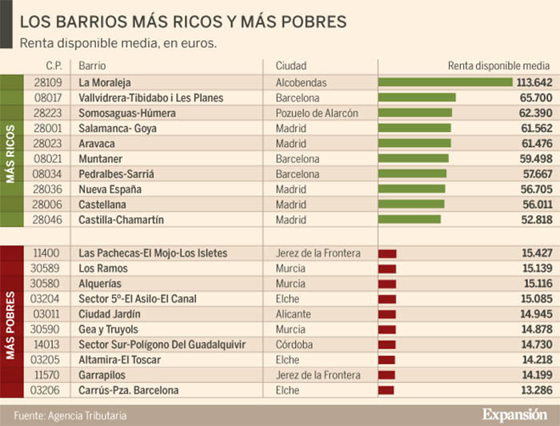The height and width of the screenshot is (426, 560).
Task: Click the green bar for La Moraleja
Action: pos(446,82)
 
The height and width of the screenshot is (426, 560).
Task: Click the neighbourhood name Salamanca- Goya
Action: pos(118,128)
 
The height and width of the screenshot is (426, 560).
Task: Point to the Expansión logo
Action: pos(514,414)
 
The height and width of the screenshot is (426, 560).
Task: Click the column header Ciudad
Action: pos(291,66)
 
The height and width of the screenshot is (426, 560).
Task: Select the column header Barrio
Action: pos(92,66)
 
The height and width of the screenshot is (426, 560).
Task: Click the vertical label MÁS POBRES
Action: pos(10,321)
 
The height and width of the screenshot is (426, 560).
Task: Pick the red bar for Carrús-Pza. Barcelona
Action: pos(387,391)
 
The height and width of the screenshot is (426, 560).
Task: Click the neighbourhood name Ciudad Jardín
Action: pos(110,314)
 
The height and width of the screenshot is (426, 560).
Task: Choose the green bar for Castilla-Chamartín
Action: pos(410,219)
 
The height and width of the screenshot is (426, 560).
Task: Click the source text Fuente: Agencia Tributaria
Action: pos(70,416)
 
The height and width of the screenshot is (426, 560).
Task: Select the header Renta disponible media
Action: pos(498,66)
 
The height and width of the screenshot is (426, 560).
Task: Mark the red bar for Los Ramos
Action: pos(387,269)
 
